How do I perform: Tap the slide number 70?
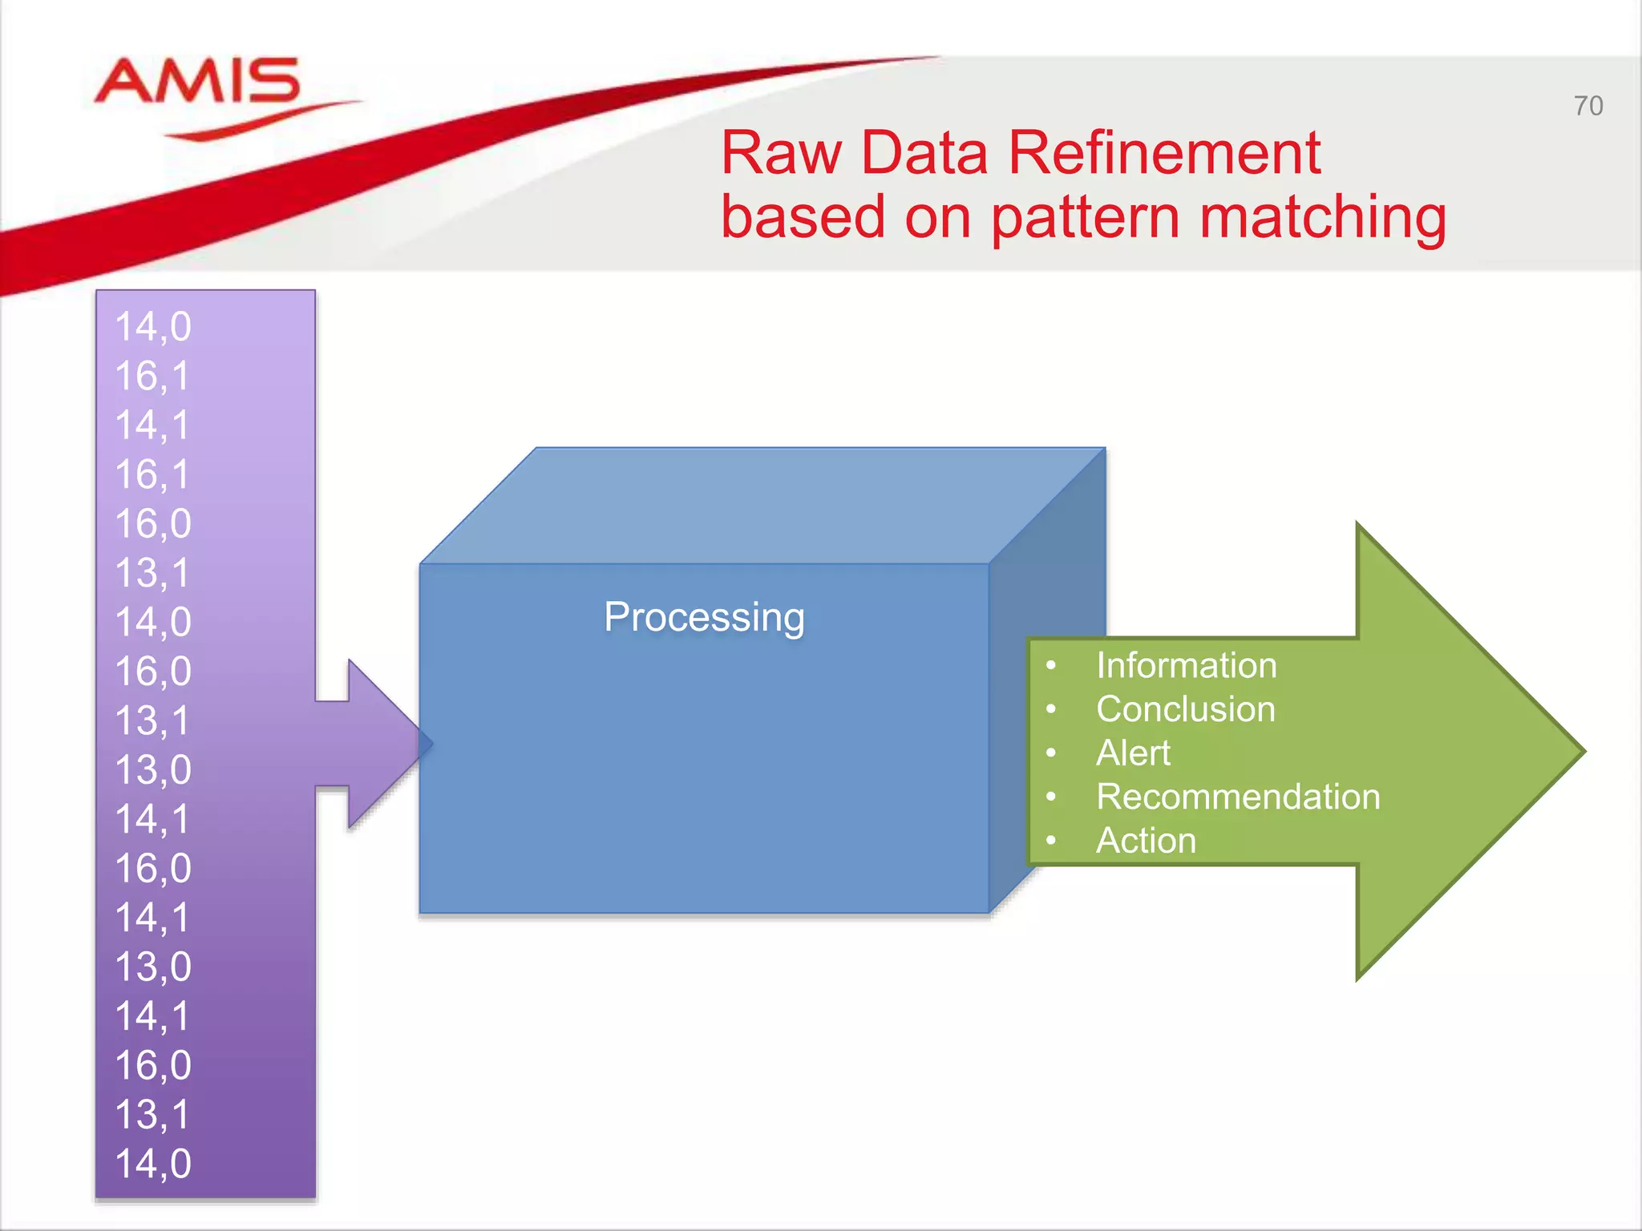[1587, 106]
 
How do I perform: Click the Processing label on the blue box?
[704, 617]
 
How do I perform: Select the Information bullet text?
[1186, 665]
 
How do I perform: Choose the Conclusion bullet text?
[1185, 709]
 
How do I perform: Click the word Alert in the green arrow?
[1133, 753]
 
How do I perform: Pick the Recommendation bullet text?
[1238, 797]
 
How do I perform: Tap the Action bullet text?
[1146, 841]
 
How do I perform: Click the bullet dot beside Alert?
[1051, 753]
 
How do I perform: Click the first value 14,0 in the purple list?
[153, 327]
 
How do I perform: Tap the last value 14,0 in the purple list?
[153, 1164]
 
